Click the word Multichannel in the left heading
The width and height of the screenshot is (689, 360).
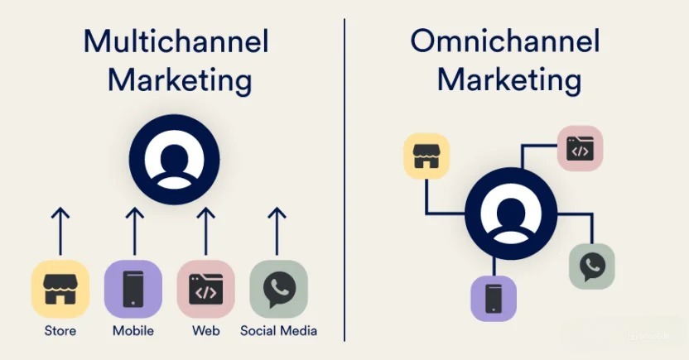(176, 41)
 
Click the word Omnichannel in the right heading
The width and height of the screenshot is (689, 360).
(505, 41)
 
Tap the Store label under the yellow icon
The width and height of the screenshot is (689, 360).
(60, 330)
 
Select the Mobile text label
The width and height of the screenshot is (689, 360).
(133, 330)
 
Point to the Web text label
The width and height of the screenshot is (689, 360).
(206, 330)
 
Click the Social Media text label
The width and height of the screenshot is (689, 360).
(278, 330)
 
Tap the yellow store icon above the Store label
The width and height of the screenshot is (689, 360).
(60, 289)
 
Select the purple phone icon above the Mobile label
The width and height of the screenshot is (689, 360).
(133, 289)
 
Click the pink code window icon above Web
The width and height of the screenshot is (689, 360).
(206, 289)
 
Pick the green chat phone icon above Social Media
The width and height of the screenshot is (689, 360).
(278, 289)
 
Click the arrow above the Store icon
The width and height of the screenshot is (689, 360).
(60, 232)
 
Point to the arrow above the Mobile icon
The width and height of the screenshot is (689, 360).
(134, 232)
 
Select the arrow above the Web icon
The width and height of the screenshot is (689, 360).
(205, 232)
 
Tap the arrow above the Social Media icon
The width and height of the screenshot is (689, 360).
(277, 232)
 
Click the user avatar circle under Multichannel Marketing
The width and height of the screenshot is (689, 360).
(175, 160)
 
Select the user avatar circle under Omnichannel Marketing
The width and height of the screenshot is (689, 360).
(511, 214)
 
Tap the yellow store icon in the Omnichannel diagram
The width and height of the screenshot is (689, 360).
(426, 156)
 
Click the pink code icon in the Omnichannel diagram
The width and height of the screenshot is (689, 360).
(580, 148)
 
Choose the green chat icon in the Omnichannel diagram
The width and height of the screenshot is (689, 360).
(592, 266)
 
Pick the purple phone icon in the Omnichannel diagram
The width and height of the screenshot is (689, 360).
(494, 299)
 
